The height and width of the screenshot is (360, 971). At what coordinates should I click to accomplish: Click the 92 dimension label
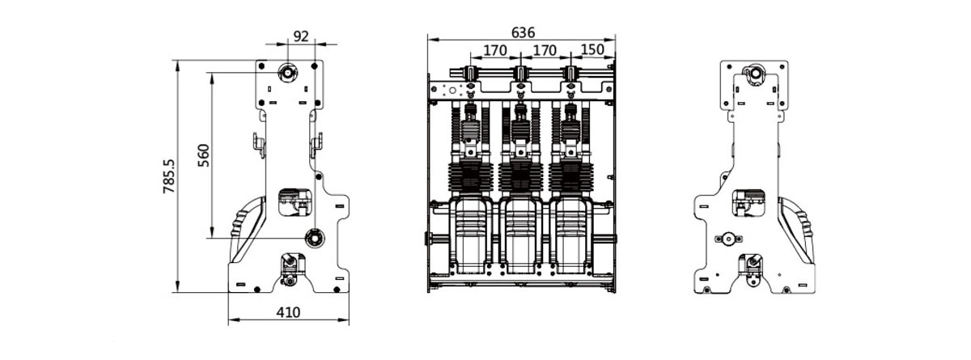300,36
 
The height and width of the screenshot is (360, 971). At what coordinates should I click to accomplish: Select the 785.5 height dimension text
169,175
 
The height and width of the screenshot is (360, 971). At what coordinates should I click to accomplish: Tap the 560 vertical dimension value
203,155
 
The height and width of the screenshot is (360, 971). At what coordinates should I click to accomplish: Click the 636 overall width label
523,32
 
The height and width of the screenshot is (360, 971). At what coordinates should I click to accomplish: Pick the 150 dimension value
592,50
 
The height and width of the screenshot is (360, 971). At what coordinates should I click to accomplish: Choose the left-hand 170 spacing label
494,50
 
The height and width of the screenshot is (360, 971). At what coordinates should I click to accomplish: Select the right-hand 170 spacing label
545,50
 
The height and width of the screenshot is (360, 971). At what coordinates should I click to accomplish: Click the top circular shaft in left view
288,73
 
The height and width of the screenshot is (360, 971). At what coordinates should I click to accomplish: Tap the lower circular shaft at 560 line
314,237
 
